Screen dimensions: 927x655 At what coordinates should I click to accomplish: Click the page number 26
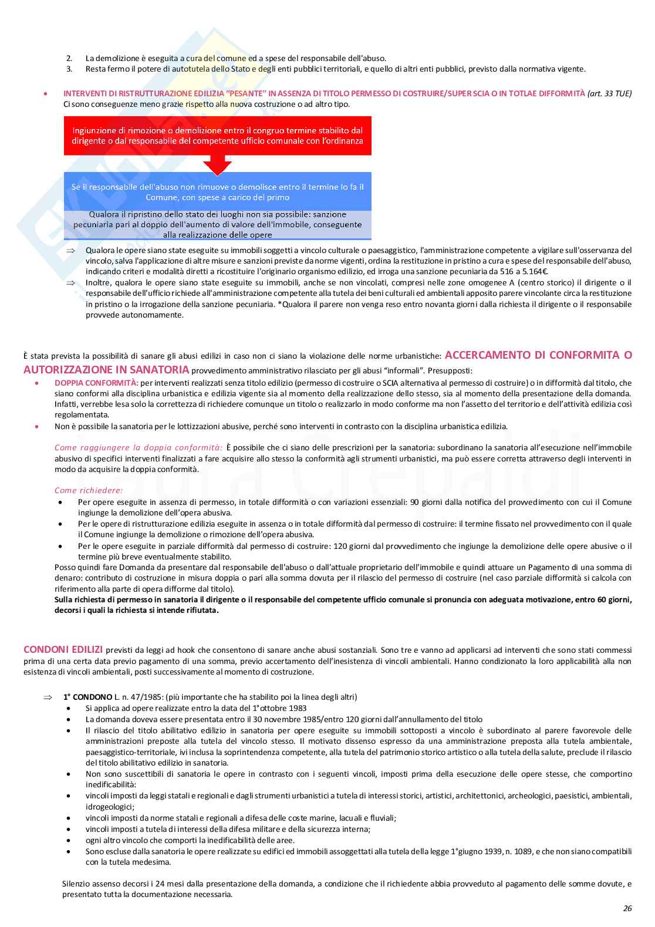[x=627, y=908]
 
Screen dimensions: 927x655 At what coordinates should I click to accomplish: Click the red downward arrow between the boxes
[x=217, y=164]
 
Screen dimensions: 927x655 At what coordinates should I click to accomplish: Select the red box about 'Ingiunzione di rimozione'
[x=217, y=136]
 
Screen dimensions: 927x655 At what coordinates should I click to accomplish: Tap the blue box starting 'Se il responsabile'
[x=217, y=191]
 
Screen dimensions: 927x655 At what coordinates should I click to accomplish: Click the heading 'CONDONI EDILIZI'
[x=63, y=649]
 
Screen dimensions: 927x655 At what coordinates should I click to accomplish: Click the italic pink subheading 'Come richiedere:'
[x=89, y=490]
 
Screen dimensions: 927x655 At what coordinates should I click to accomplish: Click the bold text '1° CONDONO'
[x=87, y=697]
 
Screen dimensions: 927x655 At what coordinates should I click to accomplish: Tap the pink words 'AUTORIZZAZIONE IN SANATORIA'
[x=106, y=370]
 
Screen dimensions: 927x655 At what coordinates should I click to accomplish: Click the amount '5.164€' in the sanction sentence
[x=536, y=271]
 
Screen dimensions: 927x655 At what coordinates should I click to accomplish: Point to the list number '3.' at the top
[x=69, y=69]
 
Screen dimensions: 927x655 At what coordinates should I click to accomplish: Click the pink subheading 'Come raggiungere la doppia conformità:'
[x=139, y=447]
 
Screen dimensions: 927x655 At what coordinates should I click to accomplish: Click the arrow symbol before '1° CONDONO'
[x=48, y=697]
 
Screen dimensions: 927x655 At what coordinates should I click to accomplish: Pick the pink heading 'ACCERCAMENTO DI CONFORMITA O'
[x=538, y=355]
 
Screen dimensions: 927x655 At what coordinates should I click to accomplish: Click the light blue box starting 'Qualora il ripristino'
[x=217, y=224]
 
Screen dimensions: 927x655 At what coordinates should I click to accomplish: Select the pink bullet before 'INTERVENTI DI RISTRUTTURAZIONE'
[x=45, y=93]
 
